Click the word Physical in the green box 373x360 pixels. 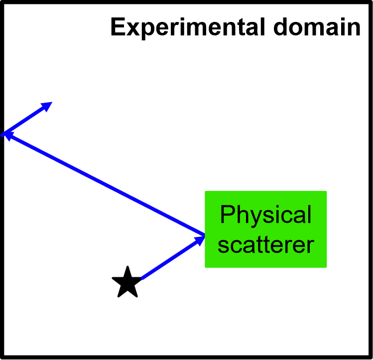265,215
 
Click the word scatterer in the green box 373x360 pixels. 265,245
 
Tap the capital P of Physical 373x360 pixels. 227,214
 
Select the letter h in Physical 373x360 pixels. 240,214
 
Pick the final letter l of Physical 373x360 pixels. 309,214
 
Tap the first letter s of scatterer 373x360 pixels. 223,245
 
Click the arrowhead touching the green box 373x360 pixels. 201,239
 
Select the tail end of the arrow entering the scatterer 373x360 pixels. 142,278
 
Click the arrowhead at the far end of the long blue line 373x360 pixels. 7,134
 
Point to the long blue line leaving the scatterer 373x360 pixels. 105,183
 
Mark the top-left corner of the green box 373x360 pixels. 206,191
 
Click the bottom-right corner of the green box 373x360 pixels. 326,267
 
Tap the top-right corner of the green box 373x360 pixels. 326,191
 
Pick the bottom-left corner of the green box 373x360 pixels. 206,267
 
